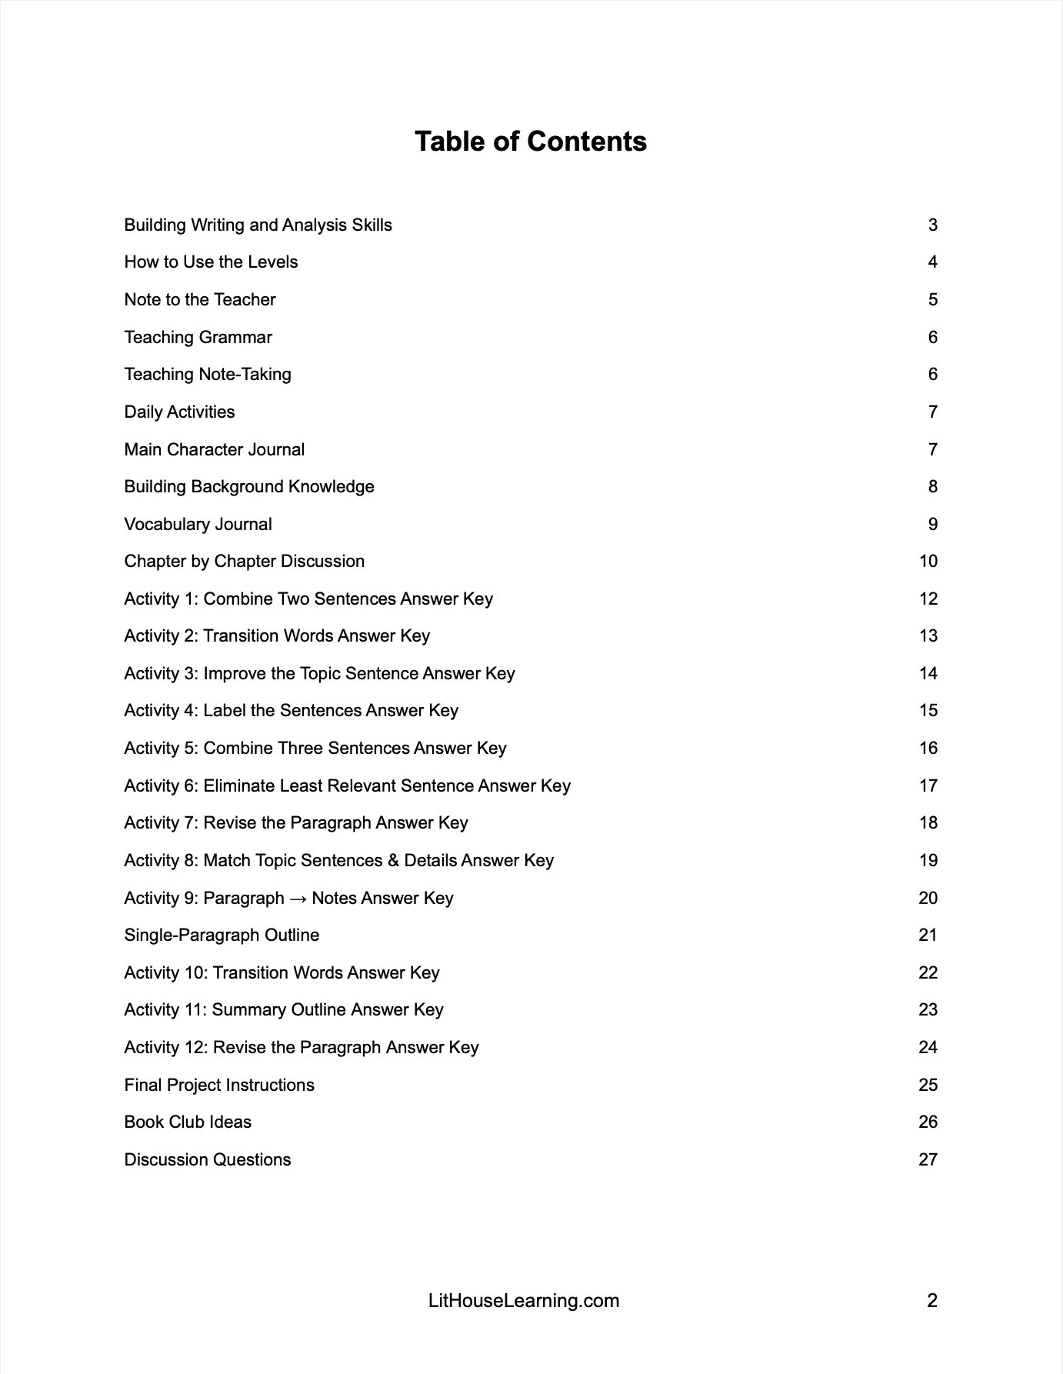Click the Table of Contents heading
(x=531, y=142)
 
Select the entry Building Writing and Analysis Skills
(x=258, y=225)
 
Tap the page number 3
(x=932, y=225)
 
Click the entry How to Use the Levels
(x=211, y=262)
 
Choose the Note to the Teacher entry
(x=200, y=300)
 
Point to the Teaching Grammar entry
(x=198, y=338)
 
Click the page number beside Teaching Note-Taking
(x=932, y=375)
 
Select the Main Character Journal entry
(x=214, y=450)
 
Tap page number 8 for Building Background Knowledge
(x=932, y=487)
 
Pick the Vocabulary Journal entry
(x=198, y=525)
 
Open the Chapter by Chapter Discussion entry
(x=245, y=562)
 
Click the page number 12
(x=928, y=599)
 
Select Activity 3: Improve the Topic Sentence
(x=319, y=674)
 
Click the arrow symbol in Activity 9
(x=298, y=899)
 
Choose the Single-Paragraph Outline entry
(x=222, y=935)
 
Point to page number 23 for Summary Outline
(x=928, y=1010)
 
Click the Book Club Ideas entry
(x=188, y=1122)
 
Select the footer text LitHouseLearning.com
(x=524, y=1301)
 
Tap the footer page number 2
(x=932, y=1301)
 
